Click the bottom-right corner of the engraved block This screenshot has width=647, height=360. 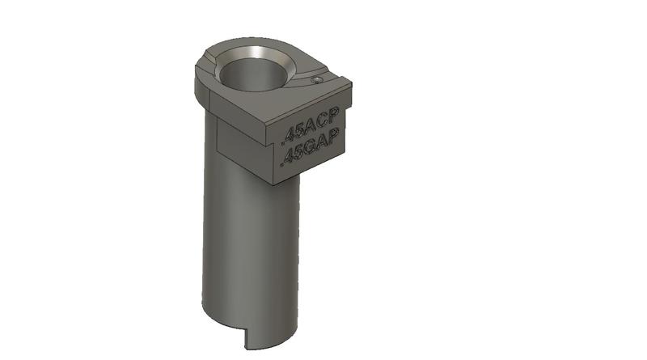(347, 151)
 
